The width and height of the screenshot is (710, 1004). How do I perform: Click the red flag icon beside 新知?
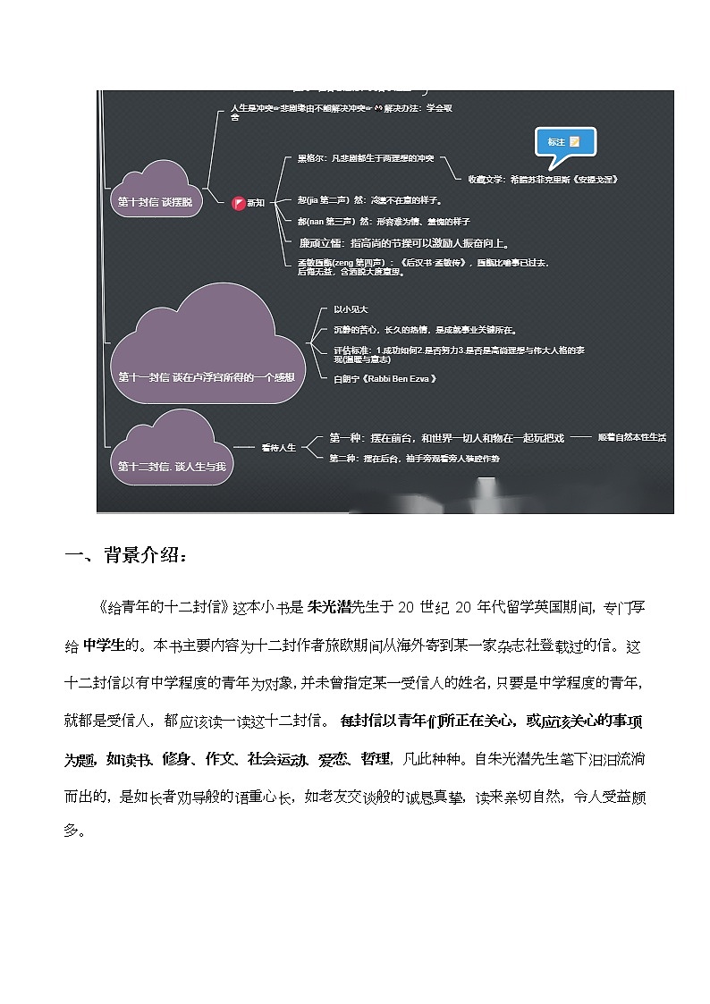238,203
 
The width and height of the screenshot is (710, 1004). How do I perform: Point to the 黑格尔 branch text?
365,158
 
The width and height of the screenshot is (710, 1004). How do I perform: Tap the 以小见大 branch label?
344,309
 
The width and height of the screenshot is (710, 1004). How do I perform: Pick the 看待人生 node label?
278,446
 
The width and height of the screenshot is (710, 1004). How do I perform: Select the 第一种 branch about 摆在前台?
446,437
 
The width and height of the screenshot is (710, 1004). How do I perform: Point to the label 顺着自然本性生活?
631,437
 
